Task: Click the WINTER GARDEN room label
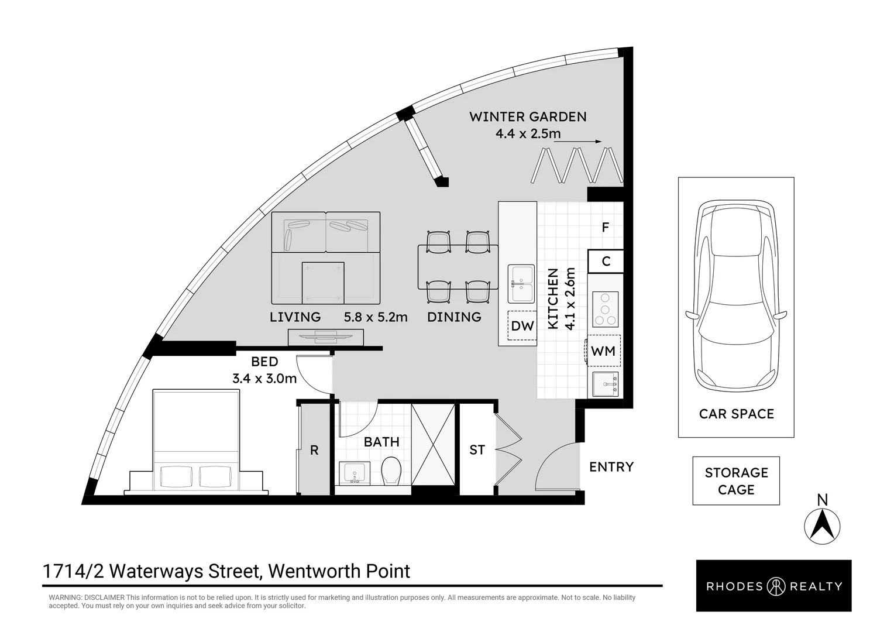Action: point(528,116)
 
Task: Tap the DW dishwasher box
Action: point(522,326)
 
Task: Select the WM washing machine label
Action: point(603,351)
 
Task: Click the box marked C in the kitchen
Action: point(606,262)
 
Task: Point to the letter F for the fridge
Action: point(606,227)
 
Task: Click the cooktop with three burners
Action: point(605,310)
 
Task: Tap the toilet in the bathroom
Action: point(391,470)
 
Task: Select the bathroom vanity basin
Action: point(355,472)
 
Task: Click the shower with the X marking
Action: point(433,445)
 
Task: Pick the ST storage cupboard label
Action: point(477,450)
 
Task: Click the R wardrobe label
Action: point(314,451)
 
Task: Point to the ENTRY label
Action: point(611,467)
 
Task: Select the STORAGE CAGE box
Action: point(736,481)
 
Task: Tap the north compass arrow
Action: point(823,524)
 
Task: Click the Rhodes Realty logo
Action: point(773,586)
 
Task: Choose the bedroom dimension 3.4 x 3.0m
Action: point(264,379)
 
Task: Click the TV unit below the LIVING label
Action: point(326,337)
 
